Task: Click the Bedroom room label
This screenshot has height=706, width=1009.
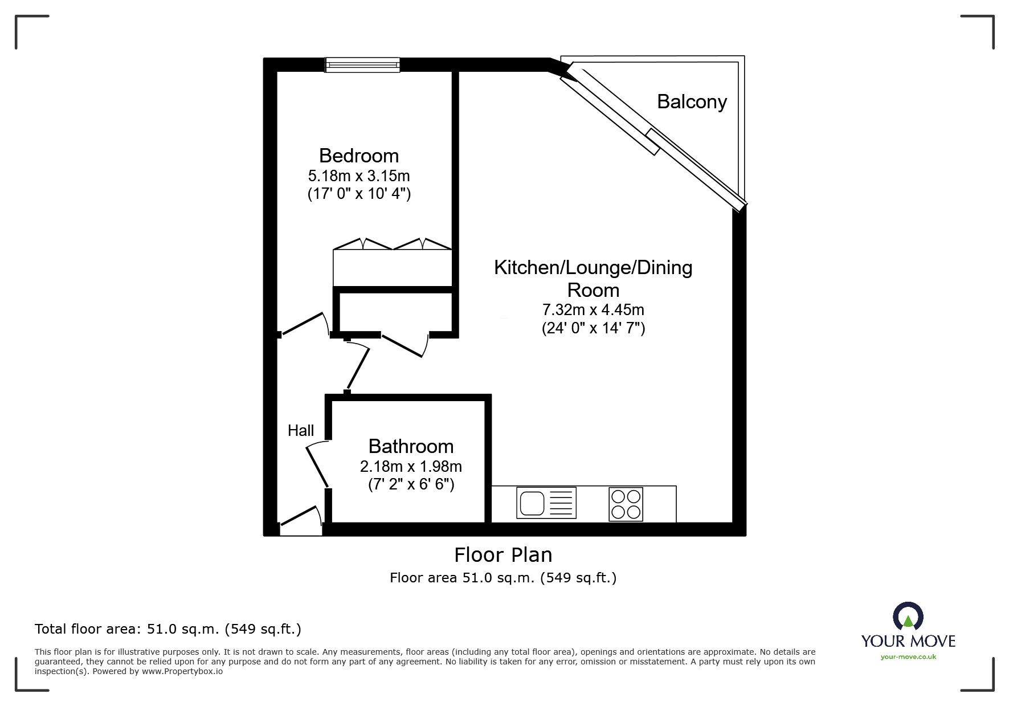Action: pyautogui.click(x=358, y=156)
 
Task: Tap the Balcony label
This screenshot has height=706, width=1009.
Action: pyautogui.click(x=692, y=101)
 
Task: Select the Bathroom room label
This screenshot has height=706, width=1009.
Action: pyautogui.click(x=411, y=446)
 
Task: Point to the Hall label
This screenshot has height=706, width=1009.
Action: pyautogui.click(x=301, y=431)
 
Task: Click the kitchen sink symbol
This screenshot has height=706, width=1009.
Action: pyautogui.click(x=546, y=503)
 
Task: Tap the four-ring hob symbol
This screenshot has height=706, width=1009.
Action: pyautogui.click(x=626, y=504)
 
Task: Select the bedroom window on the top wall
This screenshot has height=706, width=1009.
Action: pyautogui.click(x=362, y=65)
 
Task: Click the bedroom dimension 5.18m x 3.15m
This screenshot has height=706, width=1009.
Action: pyautogui.click(x=359, y=176)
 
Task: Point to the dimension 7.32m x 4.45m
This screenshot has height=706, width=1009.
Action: pyautogui.click(x=593, y=310)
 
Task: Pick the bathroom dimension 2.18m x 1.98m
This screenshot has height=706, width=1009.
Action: pyautogui.click(x=411, y=467)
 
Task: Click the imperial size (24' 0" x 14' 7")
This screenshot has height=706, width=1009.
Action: pyautogui.click(x=593, y=328)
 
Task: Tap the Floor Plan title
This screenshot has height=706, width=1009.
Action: pyautogui.click(x=503, y=554)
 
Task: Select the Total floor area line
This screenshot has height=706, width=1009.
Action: pyautogui.click(x=168, y=629)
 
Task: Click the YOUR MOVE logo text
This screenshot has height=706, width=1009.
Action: pyautogui.click(x=908, y=641)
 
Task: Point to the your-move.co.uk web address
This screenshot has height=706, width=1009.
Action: pyautogui.click(x=908, y=657)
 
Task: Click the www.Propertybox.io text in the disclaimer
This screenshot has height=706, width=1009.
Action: pyautogui.click(x=182, y=671)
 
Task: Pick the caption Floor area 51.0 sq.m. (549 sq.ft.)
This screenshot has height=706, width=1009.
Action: pyautogui.click(x=503, y=578)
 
